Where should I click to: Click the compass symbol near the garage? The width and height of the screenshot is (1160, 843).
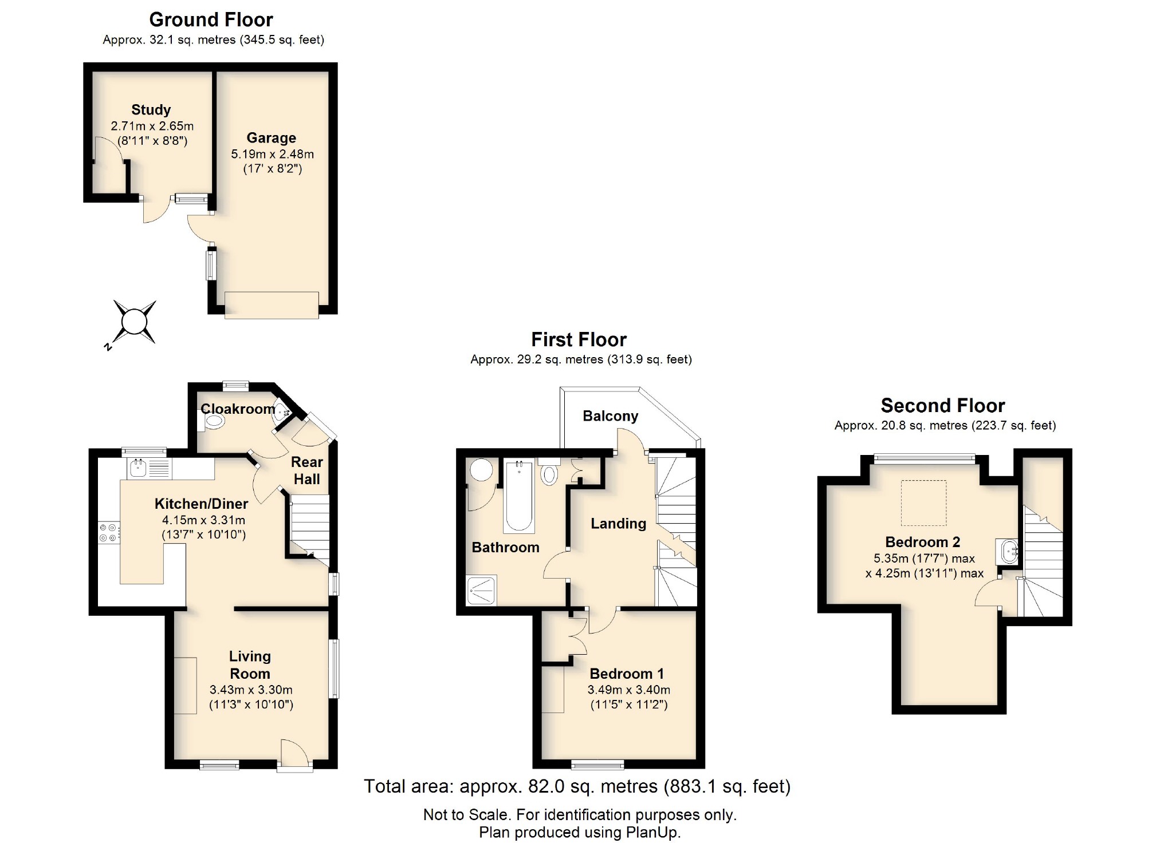click(135, 322)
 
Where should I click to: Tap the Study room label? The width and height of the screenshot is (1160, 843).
click(151, 109)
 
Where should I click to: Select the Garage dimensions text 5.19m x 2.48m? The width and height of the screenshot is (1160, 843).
click(272, 154)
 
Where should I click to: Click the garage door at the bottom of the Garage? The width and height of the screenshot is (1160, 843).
click(272, 305)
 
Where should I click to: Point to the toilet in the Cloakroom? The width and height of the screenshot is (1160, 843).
click(214, 422)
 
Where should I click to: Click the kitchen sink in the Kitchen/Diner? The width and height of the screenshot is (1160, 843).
click(138, 468)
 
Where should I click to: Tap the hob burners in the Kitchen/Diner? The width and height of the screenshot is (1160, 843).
click(108, 533)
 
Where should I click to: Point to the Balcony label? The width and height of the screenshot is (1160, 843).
click(610, 416)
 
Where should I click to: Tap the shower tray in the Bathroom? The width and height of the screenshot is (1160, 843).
click(481, 591)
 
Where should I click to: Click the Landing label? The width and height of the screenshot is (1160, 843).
click(618, 523)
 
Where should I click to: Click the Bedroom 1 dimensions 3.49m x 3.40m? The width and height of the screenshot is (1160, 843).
click(628, 690)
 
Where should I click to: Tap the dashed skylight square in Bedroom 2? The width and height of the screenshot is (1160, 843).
click(923, 502)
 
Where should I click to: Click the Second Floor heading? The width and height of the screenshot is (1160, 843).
click(942, 405)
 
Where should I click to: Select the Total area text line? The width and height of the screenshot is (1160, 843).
click(577, 786)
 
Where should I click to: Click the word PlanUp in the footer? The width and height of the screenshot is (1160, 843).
click(652, 832)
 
